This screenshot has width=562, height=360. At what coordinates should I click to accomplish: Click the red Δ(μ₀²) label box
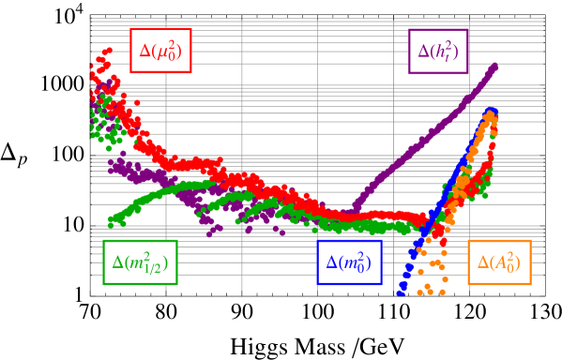(x=160, y=51)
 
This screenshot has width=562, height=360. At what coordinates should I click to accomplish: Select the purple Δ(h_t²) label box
(x=438, y=52)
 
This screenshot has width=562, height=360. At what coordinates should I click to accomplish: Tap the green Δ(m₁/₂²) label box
(x=140, y=262)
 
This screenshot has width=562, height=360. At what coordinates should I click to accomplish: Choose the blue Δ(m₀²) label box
(x=349, y=262)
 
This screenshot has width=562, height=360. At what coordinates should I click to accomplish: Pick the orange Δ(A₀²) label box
(x=499, y=262)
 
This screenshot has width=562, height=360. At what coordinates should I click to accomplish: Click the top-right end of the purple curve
(x=494, y=66)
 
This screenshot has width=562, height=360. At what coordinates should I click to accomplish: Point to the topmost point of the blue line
(x=491, y=112)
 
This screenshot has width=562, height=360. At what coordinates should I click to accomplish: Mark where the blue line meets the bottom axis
(x=398, y=294)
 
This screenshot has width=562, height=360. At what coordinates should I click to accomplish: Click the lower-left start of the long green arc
(x=111, y=221)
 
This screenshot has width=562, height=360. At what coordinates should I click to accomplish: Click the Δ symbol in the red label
(x=145, y=52)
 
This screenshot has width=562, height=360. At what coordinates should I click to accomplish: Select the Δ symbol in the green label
(x=118, y=263)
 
